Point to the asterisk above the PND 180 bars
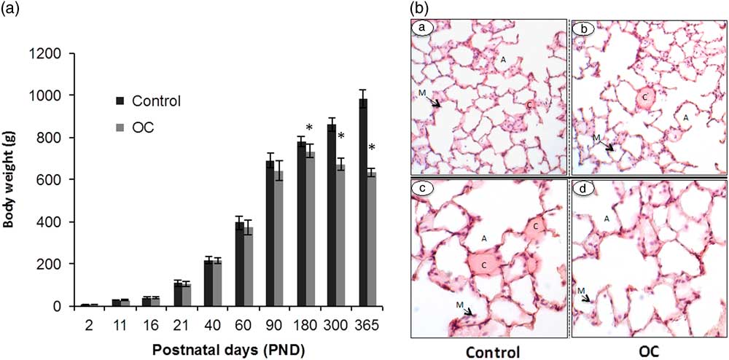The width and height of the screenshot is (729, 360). coord(309,129)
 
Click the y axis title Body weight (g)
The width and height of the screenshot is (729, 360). coord(10,179)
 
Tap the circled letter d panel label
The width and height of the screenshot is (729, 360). coord(582,192)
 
